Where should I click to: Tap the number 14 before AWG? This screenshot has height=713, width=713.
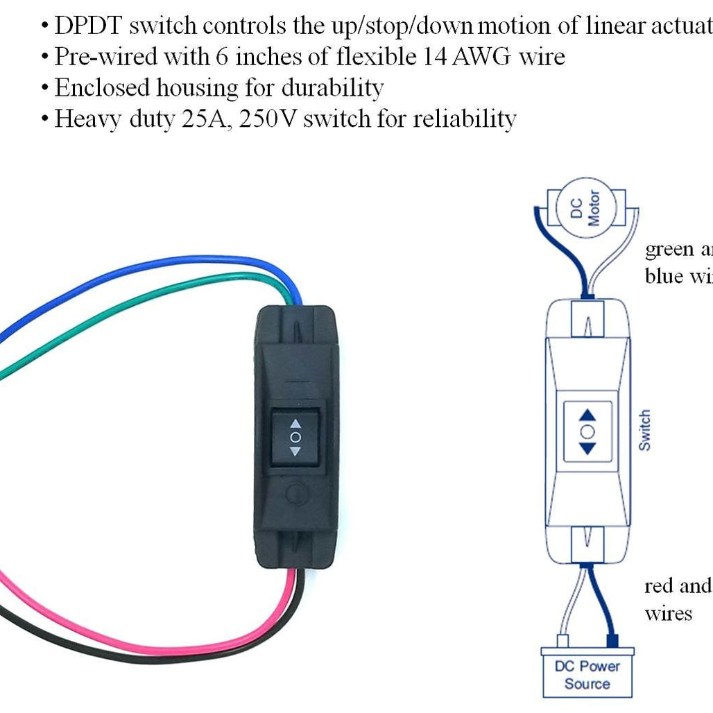(434, 56)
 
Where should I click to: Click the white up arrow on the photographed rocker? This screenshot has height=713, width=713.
(295, 422)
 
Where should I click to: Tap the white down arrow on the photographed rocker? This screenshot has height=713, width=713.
(295, 452)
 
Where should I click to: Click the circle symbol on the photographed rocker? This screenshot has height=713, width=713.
(295, 437)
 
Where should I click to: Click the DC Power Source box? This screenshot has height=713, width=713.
(587, 674)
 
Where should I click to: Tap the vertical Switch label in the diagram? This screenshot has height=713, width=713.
(645, 430)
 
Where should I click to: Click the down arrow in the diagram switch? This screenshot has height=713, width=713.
(587, 447)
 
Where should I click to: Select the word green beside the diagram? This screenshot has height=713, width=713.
(669, 249)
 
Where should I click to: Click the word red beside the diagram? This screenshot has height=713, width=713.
(658, 586)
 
